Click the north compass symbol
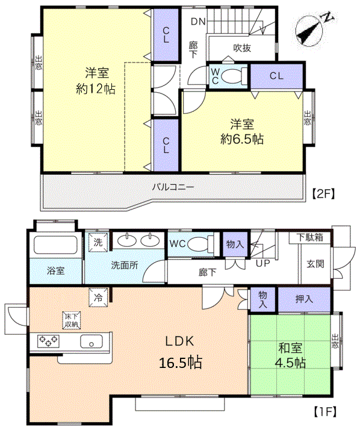pos(312,31)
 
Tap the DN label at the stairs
pos(198,22)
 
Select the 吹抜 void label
pos(242,48)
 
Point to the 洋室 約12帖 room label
pos(96,81)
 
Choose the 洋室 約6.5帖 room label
pos(242,132)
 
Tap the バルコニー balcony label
pos(173,187)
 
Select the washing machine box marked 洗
pos(98,242)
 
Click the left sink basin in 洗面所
pos(126,240)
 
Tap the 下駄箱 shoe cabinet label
pos(310,237)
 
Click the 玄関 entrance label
pos(315,264)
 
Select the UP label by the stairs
pos(262,263)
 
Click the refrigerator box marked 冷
pos(98,297)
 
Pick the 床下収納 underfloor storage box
pos(72,320)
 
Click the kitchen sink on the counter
pos(92,341)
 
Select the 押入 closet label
pos(304,299)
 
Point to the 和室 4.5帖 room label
pos(290,355)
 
